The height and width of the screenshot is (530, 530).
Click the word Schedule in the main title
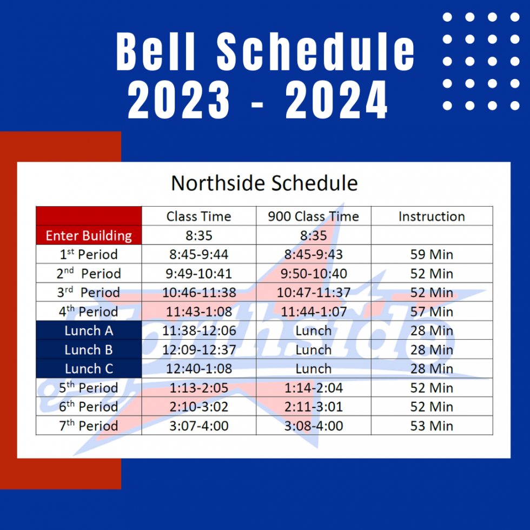pos(316,52)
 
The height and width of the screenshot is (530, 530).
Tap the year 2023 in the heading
pos(178,101)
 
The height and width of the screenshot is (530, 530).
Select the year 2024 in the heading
pos(336,101)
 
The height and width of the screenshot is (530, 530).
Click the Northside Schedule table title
pos(264,183)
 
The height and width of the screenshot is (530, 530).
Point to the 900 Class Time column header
pos(313,216)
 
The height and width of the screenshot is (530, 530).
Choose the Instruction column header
pos(432,216)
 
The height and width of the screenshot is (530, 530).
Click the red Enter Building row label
pos(89,236)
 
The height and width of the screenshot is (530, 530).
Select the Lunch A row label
pos(89,330)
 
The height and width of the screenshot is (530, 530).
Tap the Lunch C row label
pos(89,369)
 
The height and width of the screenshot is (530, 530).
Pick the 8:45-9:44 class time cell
pos(198,254)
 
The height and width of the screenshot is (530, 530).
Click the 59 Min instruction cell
pos(432,254)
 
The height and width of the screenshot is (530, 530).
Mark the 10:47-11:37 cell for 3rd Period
pos(313,293)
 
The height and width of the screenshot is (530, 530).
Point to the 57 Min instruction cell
pos(432,312)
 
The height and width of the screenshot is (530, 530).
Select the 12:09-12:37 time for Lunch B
pos(198,350)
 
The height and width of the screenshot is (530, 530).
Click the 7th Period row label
pos(89,426)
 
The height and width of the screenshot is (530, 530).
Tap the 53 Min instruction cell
pos(432,426)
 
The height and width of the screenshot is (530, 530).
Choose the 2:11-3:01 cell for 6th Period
pos(313,407)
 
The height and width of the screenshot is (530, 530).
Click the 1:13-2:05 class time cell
pos(198,388)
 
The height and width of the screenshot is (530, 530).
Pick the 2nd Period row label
pos(89,274)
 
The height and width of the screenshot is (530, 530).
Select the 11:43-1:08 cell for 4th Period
pos(198,312)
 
